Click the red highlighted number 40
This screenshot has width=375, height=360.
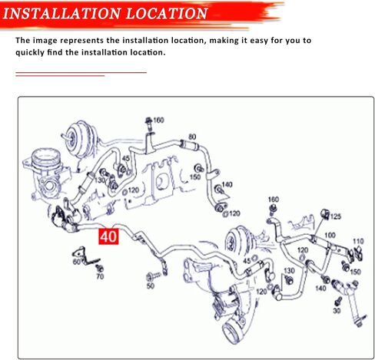pos(109,236)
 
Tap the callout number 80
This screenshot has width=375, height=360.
pos(192,137)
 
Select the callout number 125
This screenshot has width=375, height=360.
pos(336,216)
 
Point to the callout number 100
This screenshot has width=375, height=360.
pos(330,235)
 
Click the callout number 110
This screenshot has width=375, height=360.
pos(358,241)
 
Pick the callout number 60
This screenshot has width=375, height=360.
pos(77,262)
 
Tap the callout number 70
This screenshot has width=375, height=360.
pos(100,276)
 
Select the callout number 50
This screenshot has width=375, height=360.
pos(151,286)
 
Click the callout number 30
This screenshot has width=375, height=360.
pos(337,310)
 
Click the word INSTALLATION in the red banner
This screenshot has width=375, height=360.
pos(61,13)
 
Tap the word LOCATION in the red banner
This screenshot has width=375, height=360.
pos(167,13)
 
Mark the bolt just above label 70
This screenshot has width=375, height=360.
pos(99,268)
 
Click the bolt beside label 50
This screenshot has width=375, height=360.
pos(153,276)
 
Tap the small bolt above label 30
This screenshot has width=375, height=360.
pos(338,302)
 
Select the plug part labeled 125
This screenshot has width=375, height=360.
pos(325,214)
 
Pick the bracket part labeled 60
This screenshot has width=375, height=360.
pos(85,256)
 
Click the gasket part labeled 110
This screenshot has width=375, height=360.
pos(358,253)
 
